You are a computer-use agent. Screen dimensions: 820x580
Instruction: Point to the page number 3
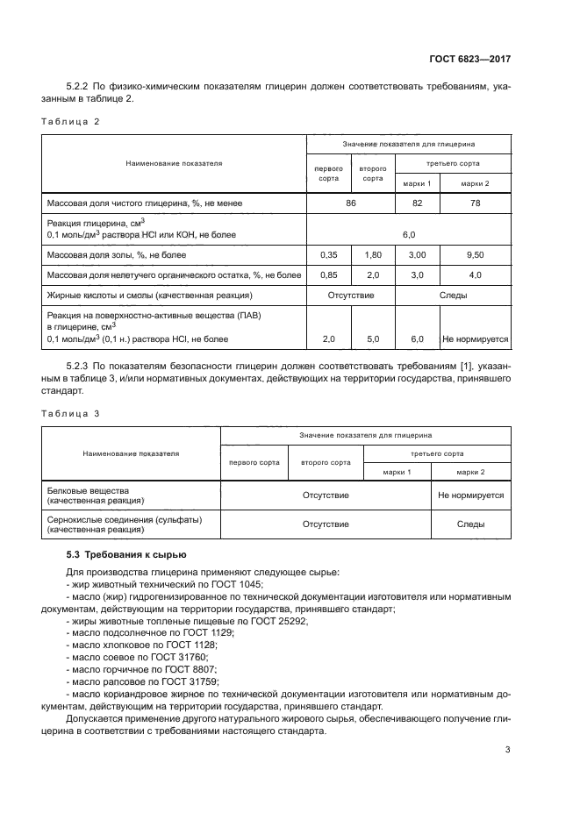coord(508,750)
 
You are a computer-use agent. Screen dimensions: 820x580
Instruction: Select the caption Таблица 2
coord(71,122)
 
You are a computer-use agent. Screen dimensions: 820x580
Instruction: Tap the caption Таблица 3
coord(71,412)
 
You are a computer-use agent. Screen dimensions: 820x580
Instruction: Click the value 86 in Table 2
coord(351,203)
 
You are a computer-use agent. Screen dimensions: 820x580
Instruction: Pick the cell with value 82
coord(417,203)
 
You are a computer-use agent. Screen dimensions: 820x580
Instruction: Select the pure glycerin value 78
coord(475,203)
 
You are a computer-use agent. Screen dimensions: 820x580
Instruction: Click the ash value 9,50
coord(475,255)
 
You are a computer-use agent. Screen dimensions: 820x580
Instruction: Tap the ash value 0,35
coord(329,255)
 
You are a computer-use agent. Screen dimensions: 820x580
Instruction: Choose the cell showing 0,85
coord(329,275)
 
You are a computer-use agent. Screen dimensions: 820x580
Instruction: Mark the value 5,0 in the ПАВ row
coord(373,339)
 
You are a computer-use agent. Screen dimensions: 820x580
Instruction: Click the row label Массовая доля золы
coord(116,255)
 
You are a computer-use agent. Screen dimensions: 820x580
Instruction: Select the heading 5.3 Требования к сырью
coord(125,555)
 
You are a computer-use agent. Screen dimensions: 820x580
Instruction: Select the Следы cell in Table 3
coord(470,524)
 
